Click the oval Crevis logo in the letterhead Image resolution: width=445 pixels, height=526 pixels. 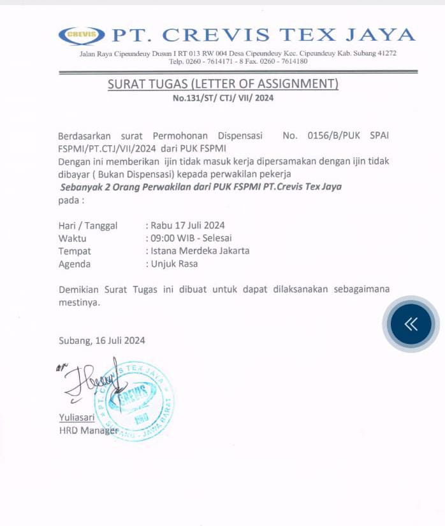click(81, 35)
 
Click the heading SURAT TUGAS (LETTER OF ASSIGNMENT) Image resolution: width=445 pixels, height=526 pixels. click(222, 84)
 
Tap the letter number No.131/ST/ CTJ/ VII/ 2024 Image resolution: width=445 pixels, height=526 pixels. click(222, 98)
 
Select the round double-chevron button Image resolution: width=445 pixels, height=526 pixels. click(411, 324)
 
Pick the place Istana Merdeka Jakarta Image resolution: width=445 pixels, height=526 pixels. click(200, 250)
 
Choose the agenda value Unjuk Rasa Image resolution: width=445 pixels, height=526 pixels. click(174, 264)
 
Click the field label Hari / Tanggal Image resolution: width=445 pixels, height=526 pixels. click(88, 225)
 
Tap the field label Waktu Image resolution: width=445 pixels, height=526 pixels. click(73, 238)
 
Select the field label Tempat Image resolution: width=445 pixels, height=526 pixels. click(75, 250)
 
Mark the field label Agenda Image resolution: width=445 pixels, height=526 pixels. click(75, 264)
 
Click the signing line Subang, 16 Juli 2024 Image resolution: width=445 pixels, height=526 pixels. click(102, 340)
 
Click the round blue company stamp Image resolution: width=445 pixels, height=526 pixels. click(134, 400)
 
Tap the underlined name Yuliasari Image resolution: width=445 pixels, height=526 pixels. click(77, 418)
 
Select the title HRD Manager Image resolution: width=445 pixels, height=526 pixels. click(88, 430)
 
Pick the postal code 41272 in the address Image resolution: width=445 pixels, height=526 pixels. click(385, 53)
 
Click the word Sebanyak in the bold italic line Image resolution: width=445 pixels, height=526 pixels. click(80, 187)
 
